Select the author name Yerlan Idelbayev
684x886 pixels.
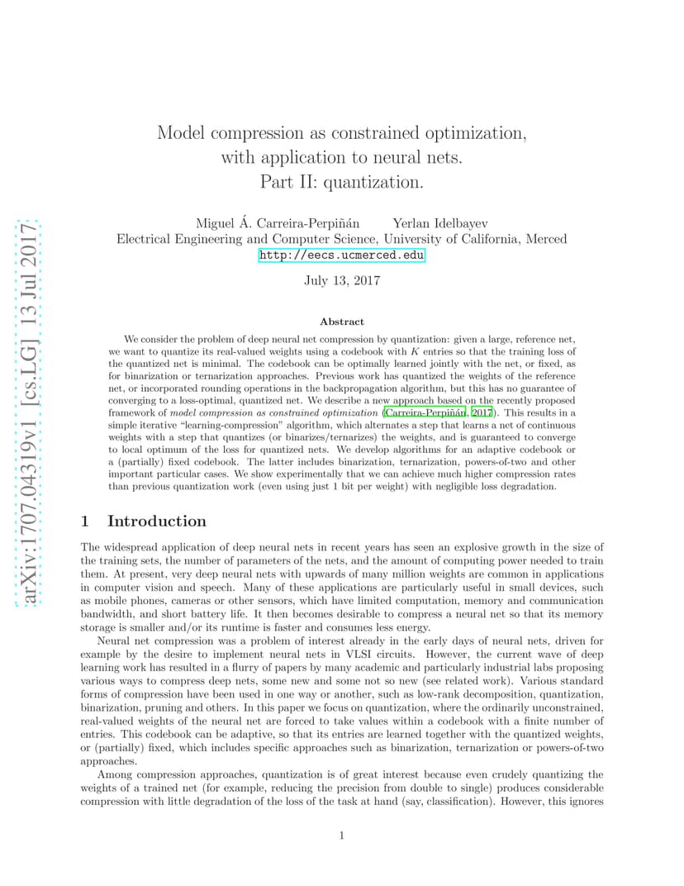440,223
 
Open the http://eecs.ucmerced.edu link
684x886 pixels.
341,255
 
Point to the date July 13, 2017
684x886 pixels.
341,280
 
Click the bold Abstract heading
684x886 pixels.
341,322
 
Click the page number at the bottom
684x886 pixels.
341,836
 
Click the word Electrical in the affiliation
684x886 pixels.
145,239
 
